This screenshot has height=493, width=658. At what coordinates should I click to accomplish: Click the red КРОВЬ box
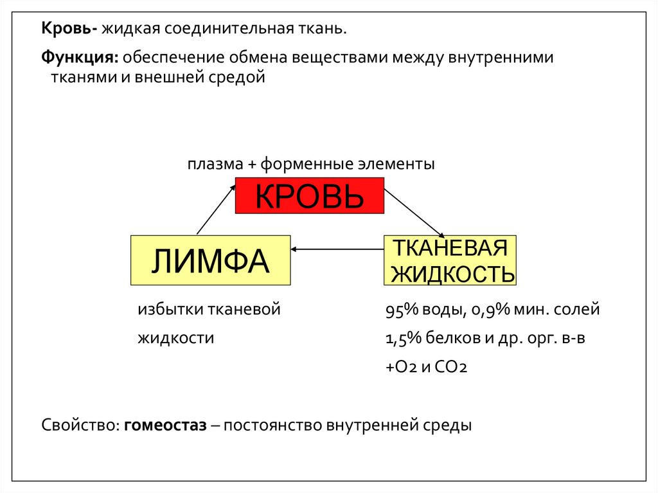(309, 195)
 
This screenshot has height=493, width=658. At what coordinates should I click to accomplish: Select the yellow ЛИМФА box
(210, 260)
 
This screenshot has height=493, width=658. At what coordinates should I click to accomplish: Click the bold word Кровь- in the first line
(69, 28)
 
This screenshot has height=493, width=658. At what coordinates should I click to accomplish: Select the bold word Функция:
(80, 58)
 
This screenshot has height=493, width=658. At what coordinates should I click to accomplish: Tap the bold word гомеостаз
(166, 426)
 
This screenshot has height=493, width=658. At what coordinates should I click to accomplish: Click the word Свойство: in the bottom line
(80, 426)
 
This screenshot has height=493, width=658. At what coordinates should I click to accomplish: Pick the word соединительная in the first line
(222, 28)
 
